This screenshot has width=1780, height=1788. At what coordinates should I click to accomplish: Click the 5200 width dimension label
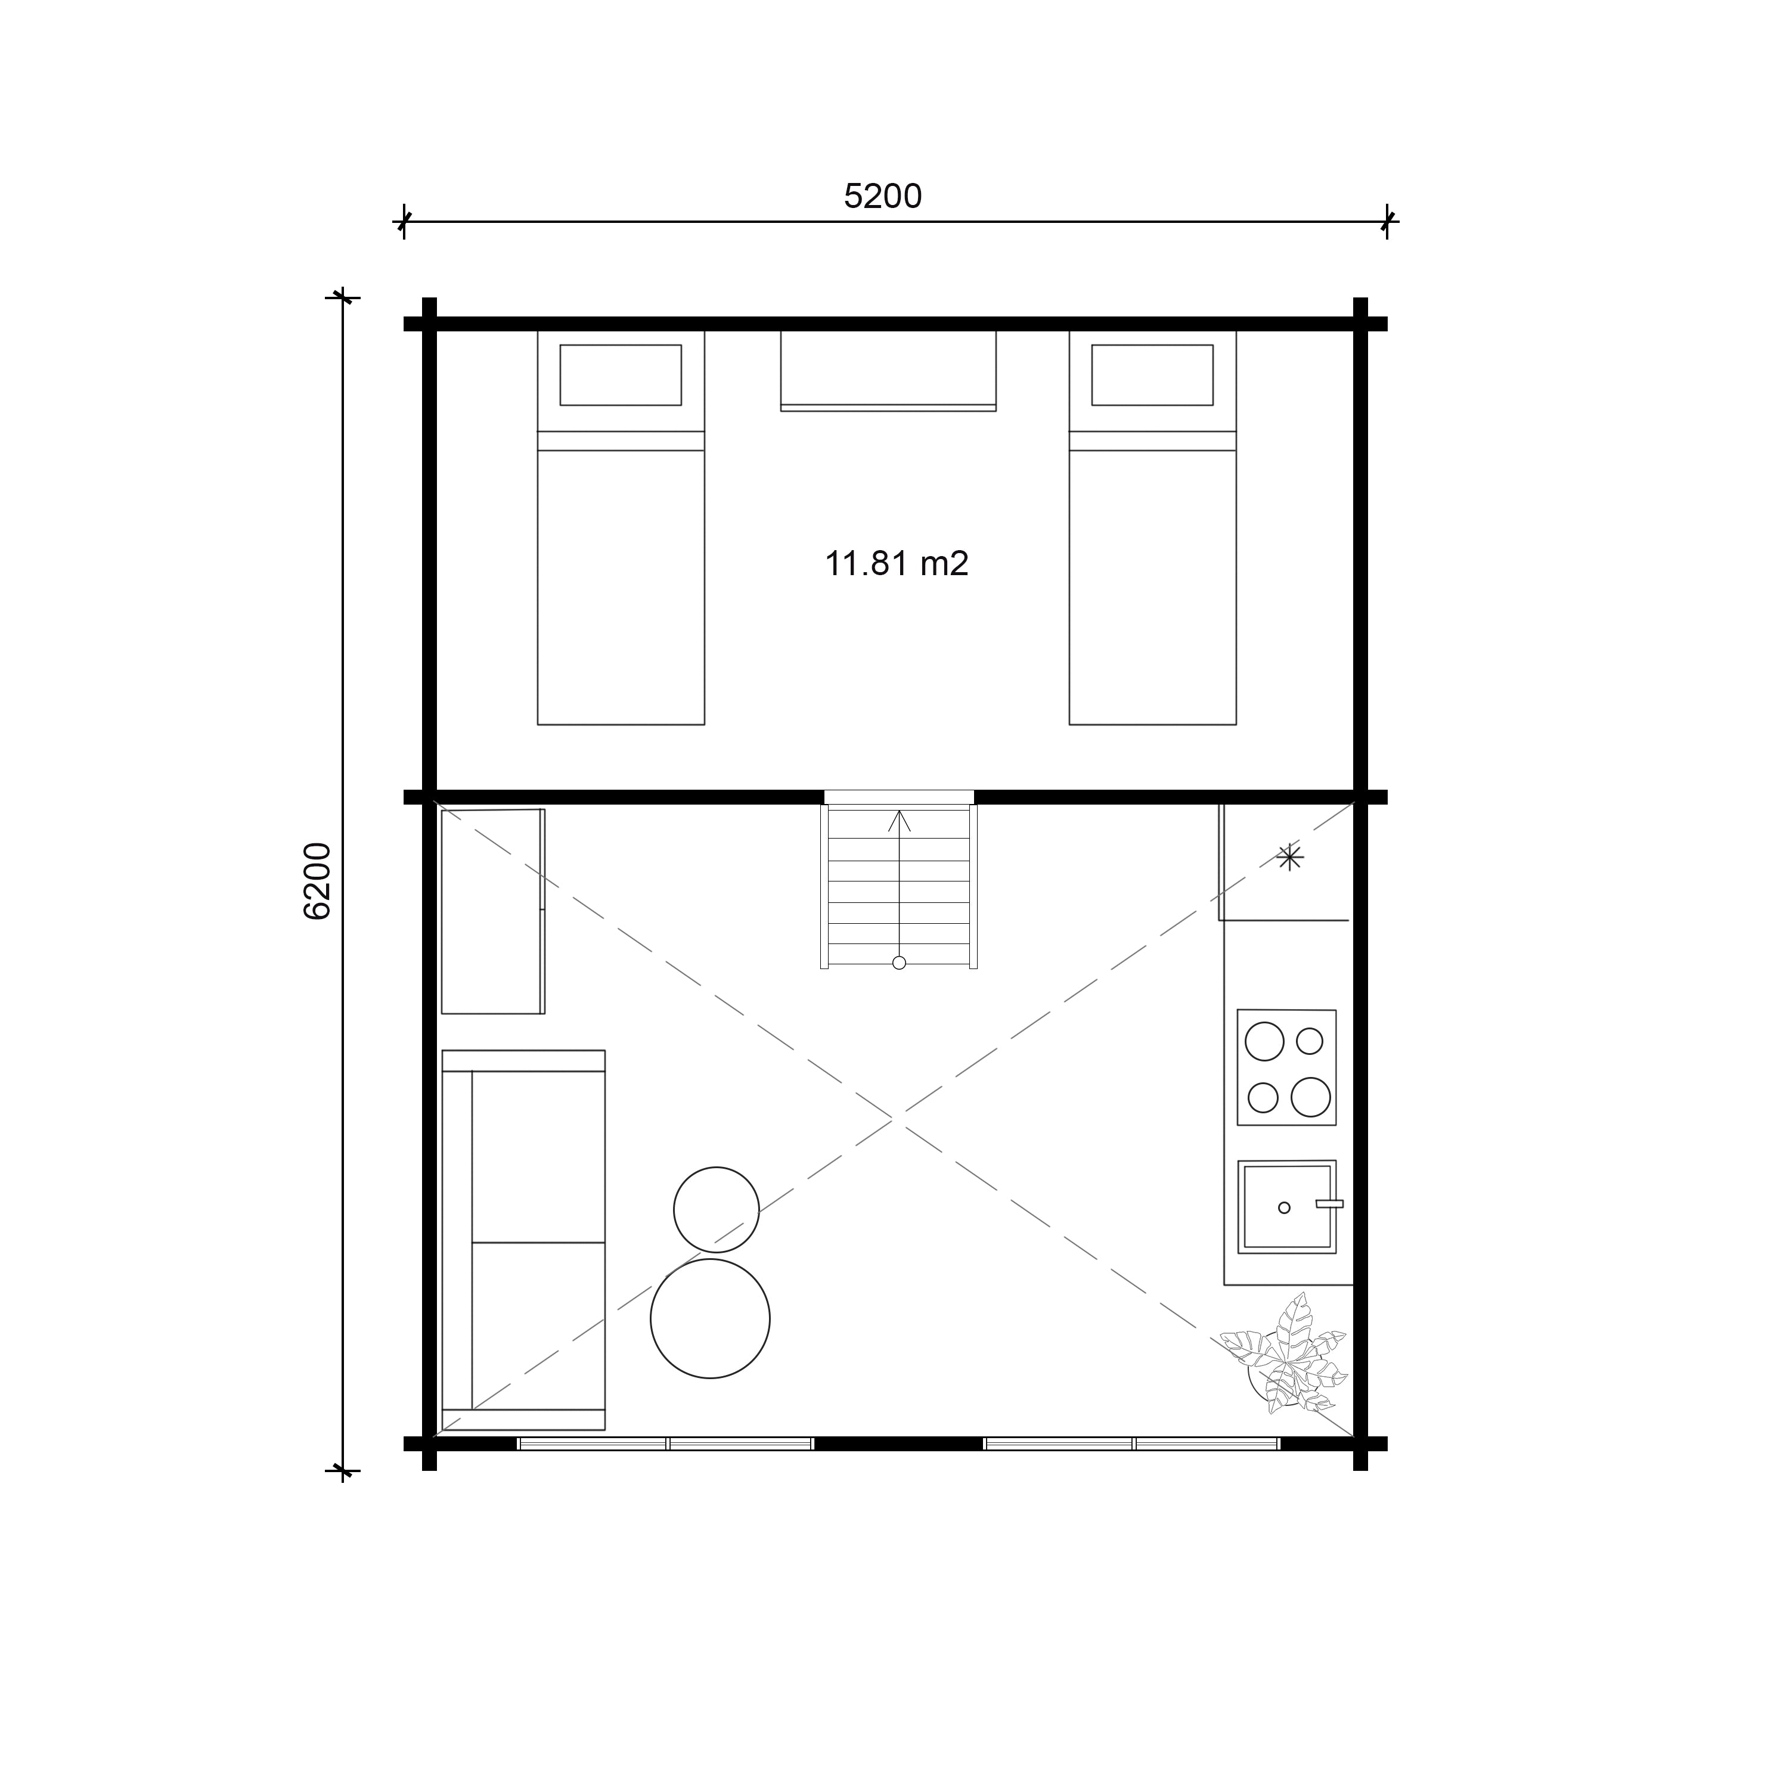tap(883, 196)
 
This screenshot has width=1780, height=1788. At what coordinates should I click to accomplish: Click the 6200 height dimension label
tap(317, 881)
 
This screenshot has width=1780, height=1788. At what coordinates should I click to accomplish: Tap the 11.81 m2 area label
tap(896, 564)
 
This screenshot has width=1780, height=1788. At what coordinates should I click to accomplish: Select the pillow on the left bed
tap(620, 375)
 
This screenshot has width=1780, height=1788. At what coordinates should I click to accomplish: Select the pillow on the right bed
tap(1152, 375)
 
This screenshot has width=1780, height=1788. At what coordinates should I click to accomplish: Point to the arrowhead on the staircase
tap(899, 819)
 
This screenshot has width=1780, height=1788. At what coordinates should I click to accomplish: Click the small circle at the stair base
tap(899, 963)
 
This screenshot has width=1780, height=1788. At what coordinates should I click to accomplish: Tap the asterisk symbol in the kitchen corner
tap(1289, 857)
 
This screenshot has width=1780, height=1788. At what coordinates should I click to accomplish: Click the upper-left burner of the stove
tap(1264, 1042)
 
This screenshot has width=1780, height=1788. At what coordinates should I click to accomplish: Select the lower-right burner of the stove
tap(1311, 1098)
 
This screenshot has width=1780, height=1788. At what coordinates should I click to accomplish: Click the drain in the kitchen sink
tap(1284, 1207)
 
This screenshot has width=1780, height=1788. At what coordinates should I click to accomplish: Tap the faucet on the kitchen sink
tap(1329, 1204)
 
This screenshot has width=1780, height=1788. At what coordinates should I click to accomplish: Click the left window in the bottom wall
tap(665, 1443)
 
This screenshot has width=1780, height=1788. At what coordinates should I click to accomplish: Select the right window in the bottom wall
tap(1132, 1443)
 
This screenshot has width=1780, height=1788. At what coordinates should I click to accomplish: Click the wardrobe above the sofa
tap(492, 912)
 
